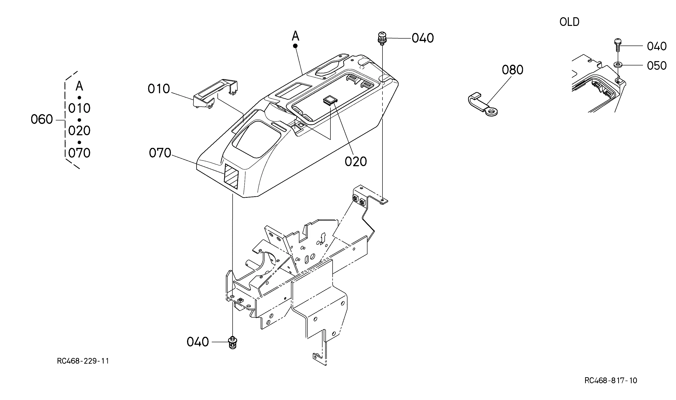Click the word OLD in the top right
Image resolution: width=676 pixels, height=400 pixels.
point(569,22)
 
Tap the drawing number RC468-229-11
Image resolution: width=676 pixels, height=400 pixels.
point(83,361)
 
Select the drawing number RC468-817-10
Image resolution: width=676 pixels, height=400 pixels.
point(611,380)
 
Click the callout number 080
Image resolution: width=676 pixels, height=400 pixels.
point(512,70)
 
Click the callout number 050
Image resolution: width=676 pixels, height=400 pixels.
point(657,65)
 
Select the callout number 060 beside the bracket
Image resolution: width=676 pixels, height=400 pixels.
point(41,119)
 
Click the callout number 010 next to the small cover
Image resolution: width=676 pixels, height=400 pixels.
point(159,89)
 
